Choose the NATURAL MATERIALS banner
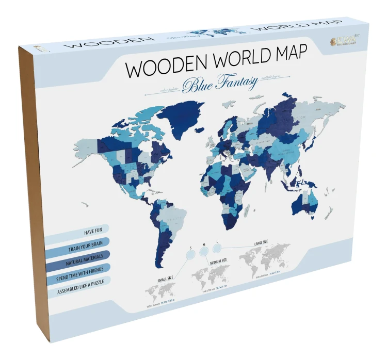point(83,258)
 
